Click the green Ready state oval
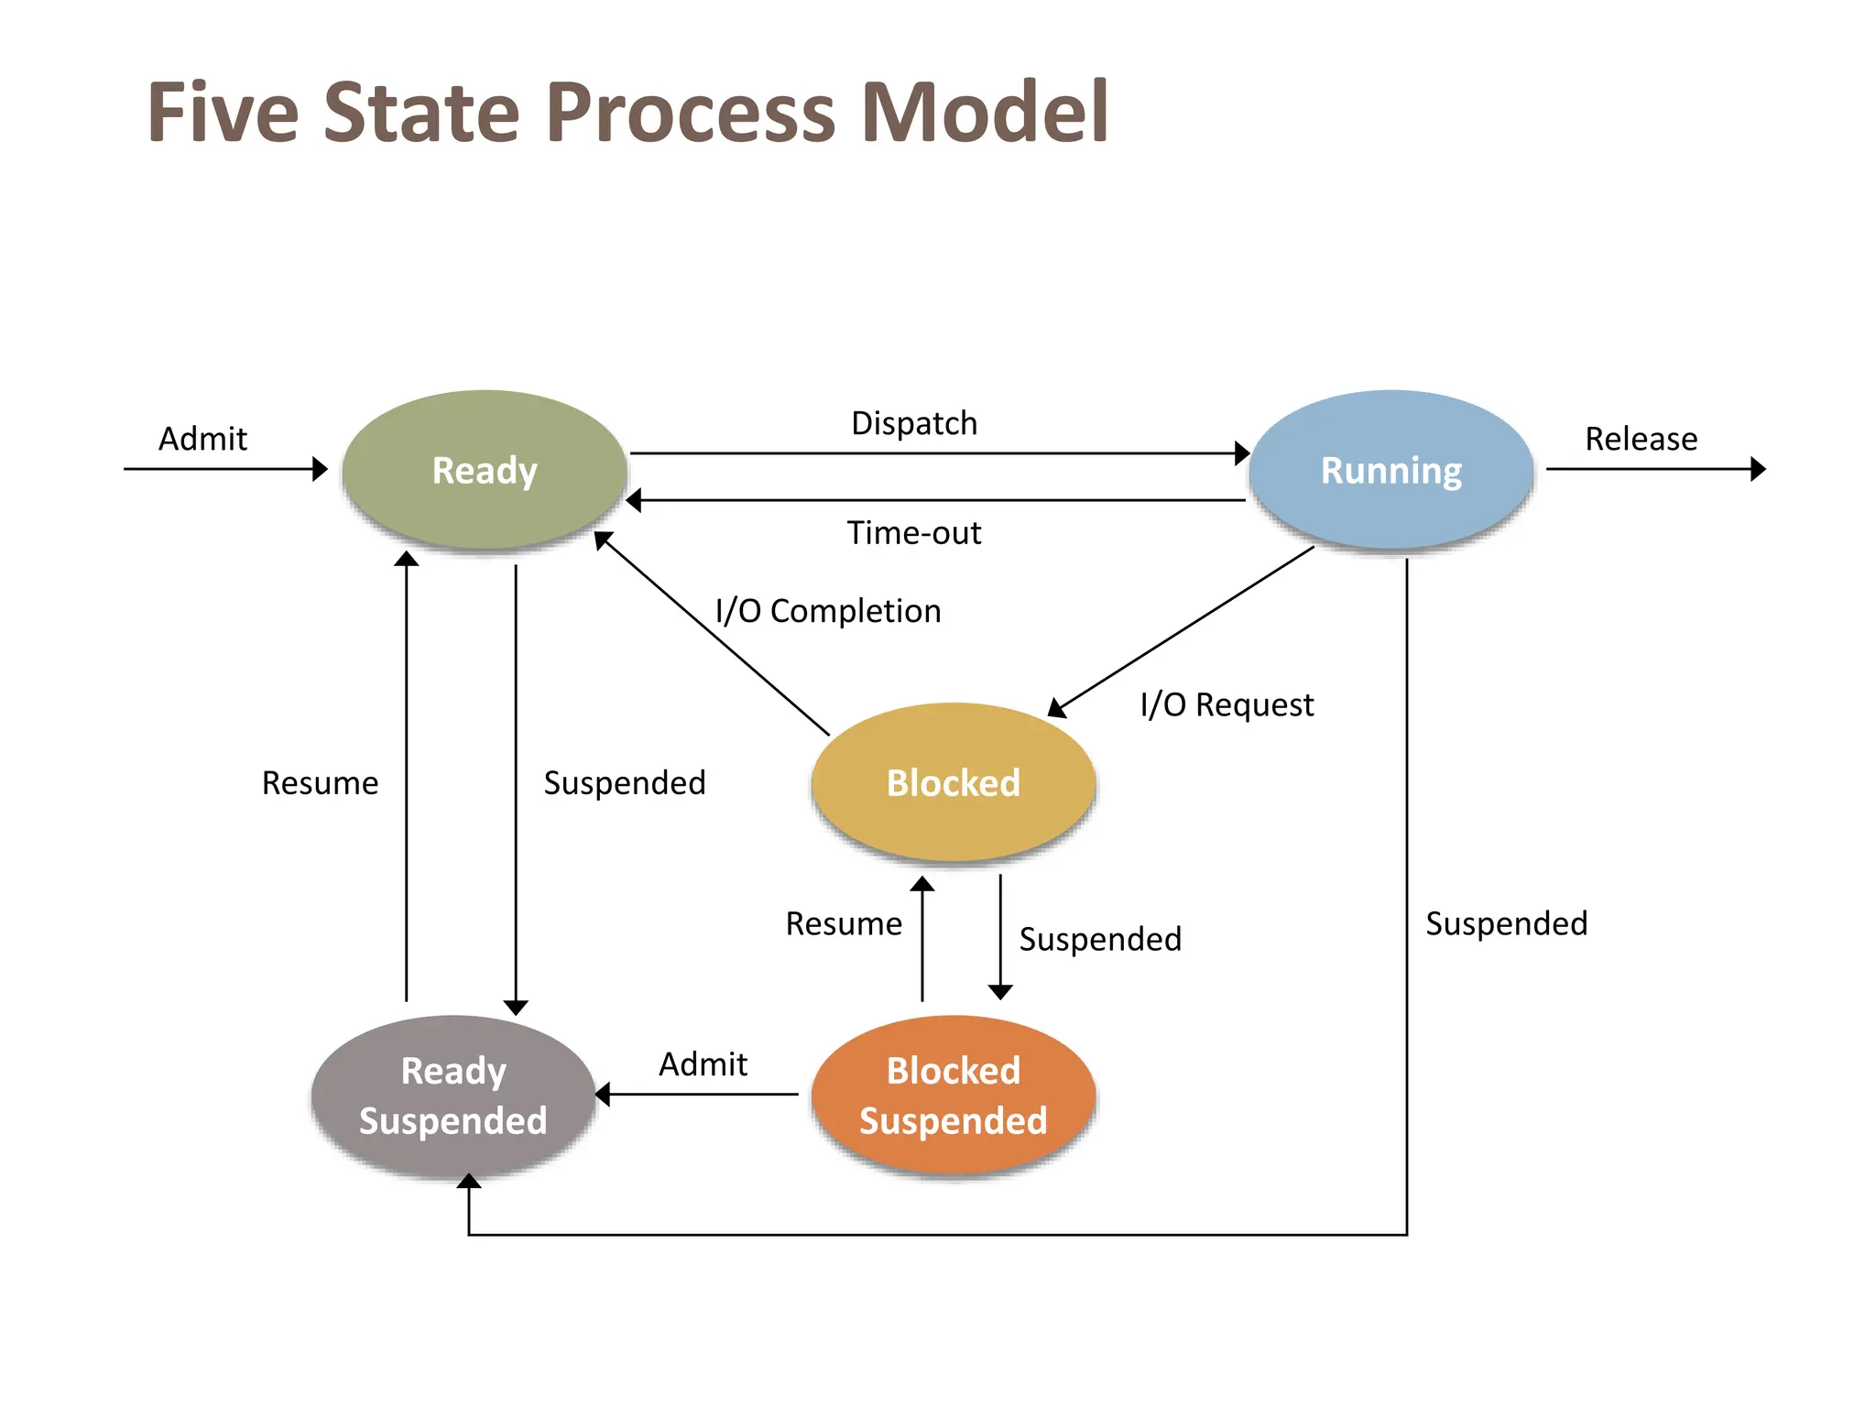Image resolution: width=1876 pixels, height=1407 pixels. coord(484,470)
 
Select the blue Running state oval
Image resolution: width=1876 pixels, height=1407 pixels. coord(1391,470)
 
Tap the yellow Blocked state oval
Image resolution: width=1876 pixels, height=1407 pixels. coord(953,782)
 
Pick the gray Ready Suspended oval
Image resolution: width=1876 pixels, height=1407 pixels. coord(453,1095)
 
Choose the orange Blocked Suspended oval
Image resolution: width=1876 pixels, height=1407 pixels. coord(953,1095)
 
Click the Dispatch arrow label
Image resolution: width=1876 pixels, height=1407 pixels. coord(914,423)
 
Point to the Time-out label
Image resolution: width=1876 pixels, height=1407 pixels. coord(913,532)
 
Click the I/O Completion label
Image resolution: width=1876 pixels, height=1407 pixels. coord(827,611)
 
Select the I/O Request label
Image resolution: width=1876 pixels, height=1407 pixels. coord(1227,704)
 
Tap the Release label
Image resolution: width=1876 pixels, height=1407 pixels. coord(1641,439)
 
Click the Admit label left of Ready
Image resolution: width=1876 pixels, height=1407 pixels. coord(202,439)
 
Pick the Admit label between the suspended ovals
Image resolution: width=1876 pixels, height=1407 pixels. coord(703,1064)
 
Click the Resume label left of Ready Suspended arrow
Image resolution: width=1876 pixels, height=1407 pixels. coord(320,783)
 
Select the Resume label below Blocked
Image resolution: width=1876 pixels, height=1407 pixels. coord(844,923)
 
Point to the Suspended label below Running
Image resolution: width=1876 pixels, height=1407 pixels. coord(1506,923)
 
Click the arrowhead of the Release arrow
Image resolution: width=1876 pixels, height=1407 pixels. coord(1757,469)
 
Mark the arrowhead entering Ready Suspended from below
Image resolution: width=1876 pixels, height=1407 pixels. coord(469,1183)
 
